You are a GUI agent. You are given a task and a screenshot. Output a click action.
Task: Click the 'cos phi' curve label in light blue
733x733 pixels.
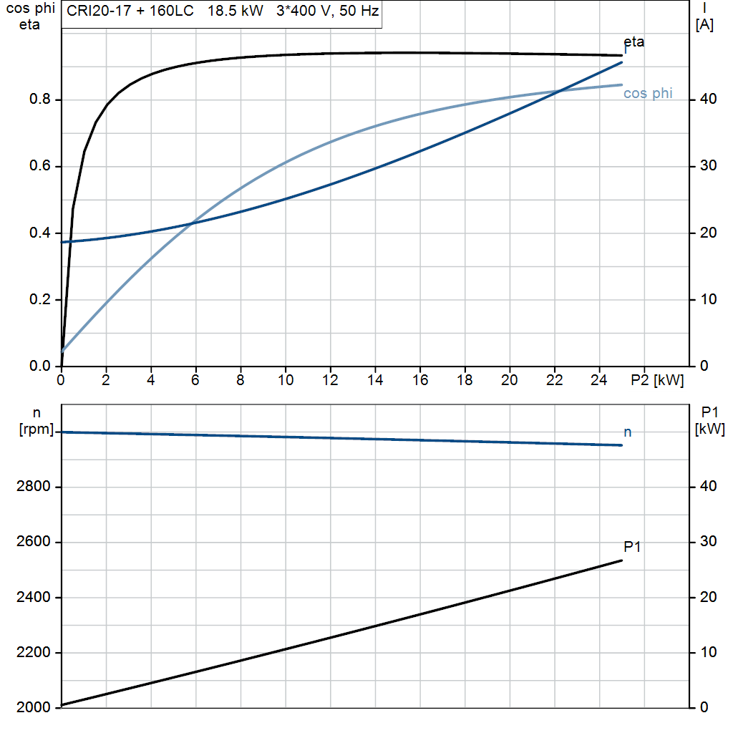[x=647, y=94]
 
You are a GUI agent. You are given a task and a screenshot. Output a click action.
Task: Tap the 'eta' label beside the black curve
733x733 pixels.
[x=634, y=42]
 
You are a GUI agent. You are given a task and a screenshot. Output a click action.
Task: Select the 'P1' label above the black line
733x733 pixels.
[x=632, y=546]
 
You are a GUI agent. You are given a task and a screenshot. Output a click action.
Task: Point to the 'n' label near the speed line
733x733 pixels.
[x=627, y=432]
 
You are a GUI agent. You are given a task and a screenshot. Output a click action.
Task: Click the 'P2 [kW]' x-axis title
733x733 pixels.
[x=657, y=380]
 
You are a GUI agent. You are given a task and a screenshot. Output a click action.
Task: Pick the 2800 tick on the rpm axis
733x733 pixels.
[x=33, y=487]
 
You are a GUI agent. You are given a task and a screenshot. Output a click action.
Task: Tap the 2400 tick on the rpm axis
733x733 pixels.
[x=33, y=598]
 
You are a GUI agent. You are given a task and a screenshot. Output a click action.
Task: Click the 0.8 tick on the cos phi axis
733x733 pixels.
[x=40, y=99]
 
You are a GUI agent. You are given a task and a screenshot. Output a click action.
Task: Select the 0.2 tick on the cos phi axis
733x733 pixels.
[x=40, y=299]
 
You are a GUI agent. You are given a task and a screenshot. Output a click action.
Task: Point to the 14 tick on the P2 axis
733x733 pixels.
[x=375, y=380]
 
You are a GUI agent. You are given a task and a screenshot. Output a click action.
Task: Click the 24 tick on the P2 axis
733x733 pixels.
[x=599, y=380]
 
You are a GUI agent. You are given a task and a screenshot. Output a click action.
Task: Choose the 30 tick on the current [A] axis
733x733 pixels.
[x=708, y=165]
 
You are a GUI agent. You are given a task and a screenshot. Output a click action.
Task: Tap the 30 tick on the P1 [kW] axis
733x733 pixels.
[x=708, y=541]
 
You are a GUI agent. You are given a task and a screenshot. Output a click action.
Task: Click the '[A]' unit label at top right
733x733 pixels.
[x=704, y=25]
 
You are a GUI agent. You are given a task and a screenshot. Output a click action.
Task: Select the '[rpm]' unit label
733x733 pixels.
[x=37, y=429]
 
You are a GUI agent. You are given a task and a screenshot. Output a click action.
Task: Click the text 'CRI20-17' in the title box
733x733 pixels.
[x=99, y=11]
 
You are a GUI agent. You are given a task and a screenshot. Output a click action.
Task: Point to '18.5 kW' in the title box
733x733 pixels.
[x=235, y=11]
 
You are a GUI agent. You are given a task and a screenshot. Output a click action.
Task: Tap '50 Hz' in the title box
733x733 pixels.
[x=359, y=11]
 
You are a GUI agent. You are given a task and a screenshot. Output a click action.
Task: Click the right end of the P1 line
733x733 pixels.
[x=622, y=560]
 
